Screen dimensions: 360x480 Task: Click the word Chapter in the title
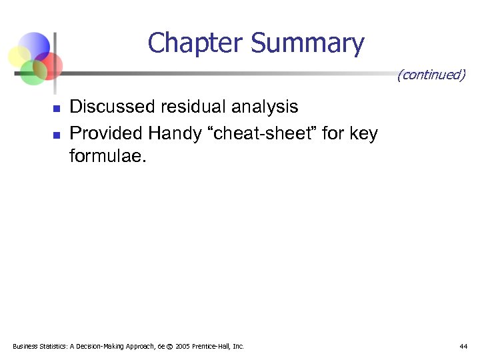point(196,43)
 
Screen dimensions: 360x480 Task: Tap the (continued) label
point(431,75)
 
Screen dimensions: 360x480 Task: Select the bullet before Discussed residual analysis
point(57,108)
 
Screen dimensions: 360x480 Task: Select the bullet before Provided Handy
point(57,135)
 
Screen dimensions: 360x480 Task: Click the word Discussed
point(109,107)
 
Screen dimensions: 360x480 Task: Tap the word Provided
point(106,134)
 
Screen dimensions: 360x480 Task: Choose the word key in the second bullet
point(363,134)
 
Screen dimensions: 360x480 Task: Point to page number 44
point(463,346)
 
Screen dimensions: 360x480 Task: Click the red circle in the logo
point(49,65)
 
